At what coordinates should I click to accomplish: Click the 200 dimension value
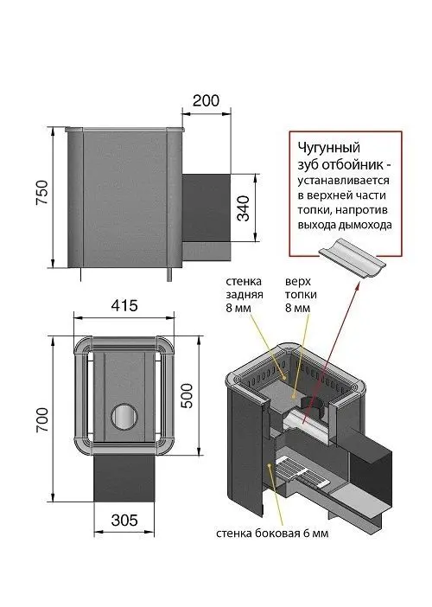coord(206,100)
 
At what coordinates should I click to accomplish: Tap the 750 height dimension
coord(42,193)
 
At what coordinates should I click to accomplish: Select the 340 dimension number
coord(244,208)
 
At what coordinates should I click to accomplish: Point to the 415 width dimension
coord(124,306)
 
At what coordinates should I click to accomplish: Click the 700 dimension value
coord(42,420)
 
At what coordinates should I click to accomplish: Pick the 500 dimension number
coord(187,396)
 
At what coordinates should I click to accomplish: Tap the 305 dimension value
coord(124,521)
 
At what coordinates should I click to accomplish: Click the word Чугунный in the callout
coord(328,148)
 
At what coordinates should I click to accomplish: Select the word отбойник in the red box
coord(352,164)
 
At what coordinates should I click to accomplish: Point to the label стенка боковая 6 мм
coord(272,534)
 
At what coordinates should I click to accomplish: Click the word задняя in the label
coord(245,294)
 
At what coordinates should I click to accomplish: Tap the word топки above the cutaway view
coord(301,294)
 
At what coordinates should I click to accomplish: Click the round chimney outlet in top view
coord(124,417)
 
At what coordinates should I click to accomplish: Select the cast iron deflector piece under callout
coord(352,259)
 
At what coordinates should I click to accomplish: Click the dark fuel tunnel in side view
coord(206,208)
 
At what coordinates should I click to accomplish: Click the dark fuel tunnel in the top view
coord(124,478)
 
